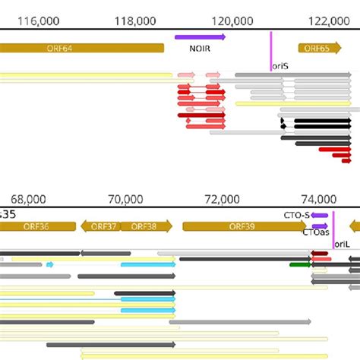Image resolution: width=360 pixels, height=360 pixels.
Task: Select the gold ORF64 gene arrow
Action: pyautogui.click(x=81, y=48)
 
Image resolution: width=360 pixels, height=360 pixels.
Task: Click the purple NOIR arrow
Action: pyautogui.click(x=200, y=36)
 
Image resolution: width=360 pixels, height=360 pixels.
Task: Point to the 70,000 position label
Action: pyautogui.click(x=125, y=198)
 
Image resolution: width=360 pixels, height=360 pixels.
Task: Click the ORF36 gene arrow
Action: pyautogui.click(x=38, y=226)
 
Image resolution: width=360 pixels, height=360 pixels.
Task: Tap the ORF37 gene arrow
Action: pyautogui.click(x=99, y=226)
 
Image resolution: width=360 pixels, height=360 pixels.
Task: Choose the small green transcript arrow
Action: pyautogui.click(x=299, y=265)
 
